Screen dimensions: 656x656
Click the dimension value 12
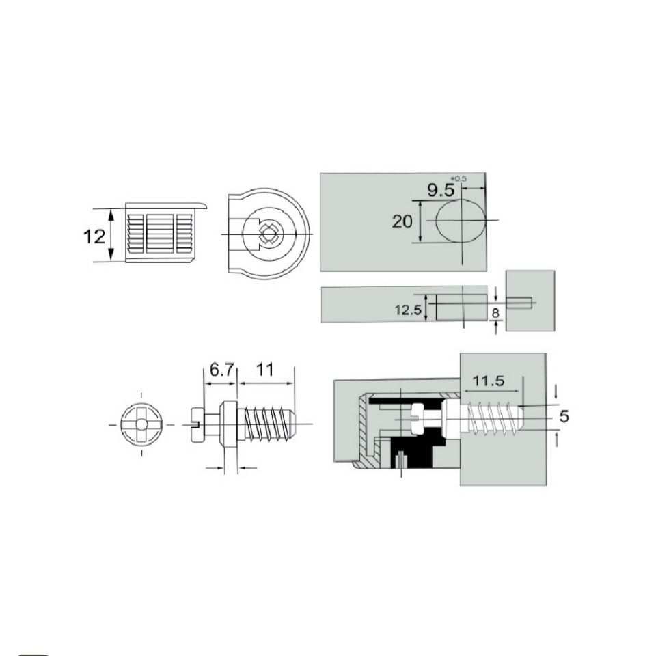94,237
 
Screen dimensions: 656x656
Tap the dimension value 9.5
441,191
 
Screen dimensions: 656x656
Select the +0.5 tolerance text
461,179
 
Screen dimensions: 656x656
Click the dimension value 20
402,221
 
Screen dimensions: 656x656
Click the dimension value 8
496,312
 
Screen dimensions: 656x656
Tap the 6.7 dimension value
221,370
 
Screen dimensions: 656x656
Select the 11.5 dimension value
488,381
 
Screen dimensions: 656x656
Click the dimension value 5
564,416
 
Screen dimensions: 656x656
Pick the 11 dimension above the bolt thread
265,370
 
